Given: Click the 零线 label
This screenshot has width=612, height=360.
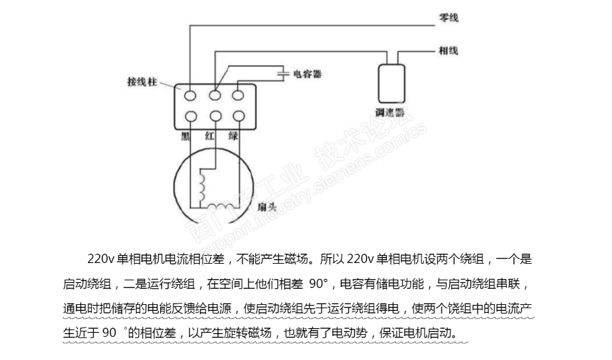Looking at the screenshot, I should point(449,19).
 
